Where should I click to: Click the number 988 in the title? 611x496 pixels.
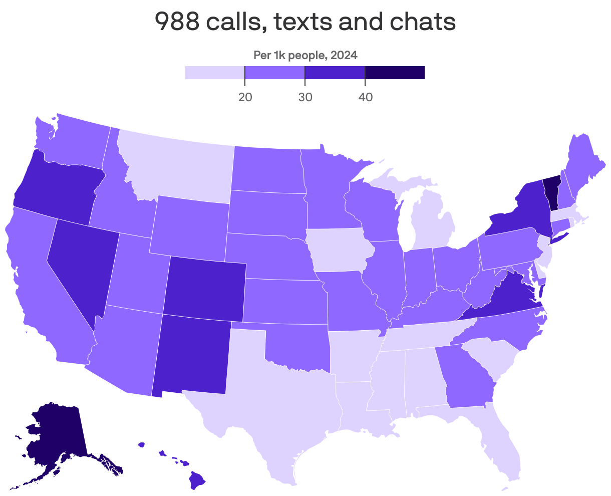coord(176,22)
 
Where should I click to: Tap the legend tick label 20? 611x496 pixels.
coord(245,97)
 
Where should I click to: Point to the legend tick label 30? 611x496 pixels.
coord(305,97)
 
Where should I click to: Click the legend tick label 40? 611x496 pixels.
coord(365,97)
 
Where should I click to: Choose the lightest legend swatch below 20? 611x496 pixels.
coord(215,73)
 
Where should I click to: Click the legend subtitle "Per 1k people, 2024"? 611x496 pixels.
coord(305,55)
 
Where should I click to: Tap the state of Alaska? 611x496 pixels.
coord(55,436)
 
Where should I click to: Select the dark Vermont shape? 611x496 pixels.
coord(551,193)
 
